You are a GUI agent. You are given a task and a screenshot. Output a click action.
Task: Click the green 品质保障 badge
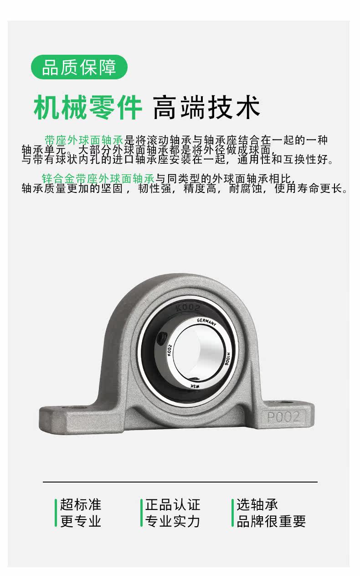[79, 67]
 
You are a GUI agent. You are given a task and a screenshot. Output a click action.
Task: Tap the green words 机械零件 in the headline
[87, 107]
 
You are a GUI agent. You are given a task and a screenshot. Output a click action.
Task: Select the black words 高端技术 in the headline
[206, 107]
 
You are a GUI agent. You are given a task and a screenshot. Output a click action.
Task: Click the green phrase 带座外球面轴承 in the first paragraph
[84, 140]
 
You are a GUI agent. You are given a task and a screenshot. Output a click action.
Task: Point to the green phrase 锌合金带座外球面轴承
[98, 178]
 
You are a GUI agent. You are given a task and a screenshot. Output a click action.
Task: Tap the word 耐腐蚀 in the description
[246, 188]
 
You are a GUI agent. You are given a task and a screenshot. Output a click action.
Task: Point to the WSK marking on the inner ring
[195, 386]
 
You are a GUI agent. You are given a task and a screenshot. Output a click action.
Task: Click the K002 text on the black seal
[188, 307]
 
